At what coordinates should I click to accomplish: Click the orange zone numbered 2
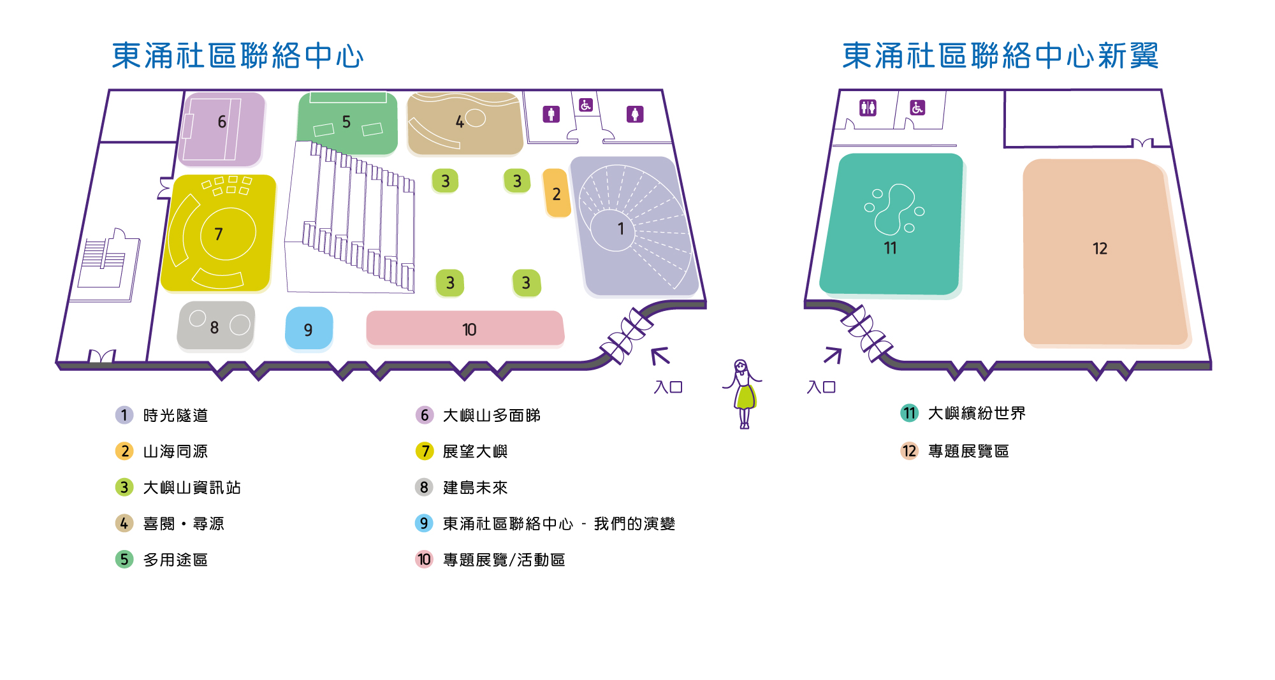click(x=557, y=192)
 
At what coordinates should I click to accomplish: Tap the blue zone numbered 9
click(x=309, y=328)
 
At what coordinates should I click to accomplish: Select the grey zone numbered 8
click(x=216, y=325)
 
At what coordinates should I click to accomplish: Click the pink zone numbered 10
click(x=465, y=328)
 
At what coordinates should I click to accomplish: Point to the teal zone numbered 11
click(x=891, y=224)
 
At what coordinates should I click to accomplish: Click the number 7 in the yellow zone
click(x=219, y=235)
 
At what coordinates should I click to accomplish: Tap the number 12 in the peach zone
click(x=1100, y=249)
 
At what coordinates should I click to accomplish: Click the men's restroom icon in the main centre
click(x=551, y=114)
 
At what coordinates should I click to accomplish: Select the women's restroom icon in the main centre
click(x=635, y=114)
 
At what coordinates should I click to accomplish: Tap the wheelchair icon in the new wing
click(x=917, y=108)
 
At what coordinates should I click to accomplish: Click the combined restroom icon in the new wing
click(x=868, y=108)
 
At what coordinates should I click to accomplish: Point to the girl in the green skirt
click(x=743, y=394)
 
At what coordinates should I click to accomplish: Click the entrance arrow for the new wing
click(x=833, y=356)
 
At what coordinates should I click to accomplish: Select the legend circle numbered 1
click(x=124, y=415)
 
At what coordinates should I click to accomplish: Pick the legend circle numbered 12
click(x=909, y=451)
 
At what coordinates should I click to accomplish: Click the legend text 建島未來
click(x=475, y=488)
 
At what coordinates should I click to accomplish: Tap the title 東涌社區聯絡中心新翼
click(x=1000, y=55)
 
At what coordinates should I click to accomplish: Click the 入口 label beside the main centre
click(x=668, y=387)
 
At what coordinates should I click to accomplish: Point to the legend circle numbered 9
click(x=424, y=523)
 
